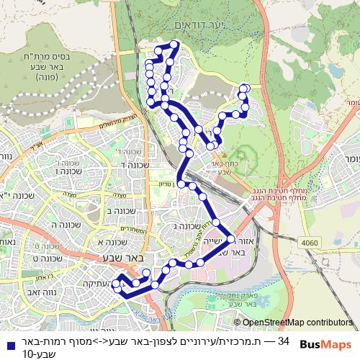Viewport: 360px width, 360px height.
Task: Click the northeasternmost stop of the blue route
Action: click(x=243, y=89)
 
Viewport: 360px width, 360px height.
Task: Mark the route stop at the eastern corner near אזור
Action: click(x=231, y=238)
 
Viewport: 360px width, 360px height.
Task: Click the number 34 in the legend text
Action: click(x=284, y=340)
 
